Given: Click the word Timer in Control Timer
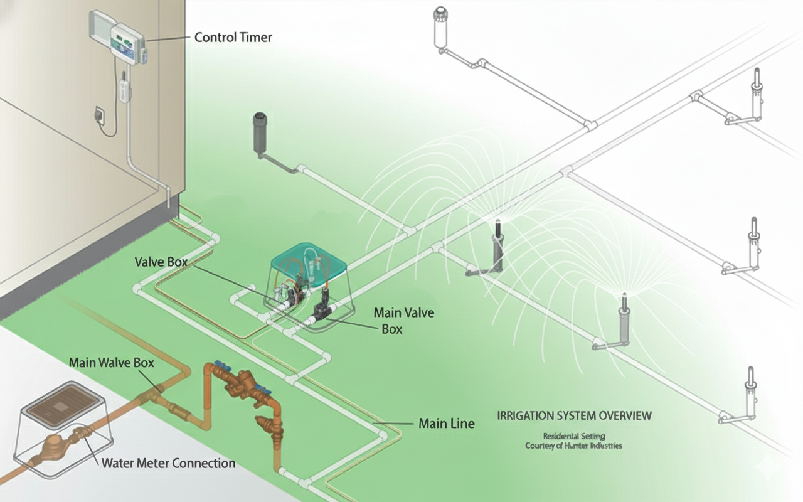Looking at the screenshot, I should pos(257,37).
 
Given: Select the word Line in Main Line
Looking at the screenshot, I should pos(461,424).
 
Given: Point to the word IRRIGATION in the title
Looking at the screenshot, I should pos(524,415).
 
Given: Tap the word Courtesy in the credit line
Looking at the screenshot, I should pos(543,446).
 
